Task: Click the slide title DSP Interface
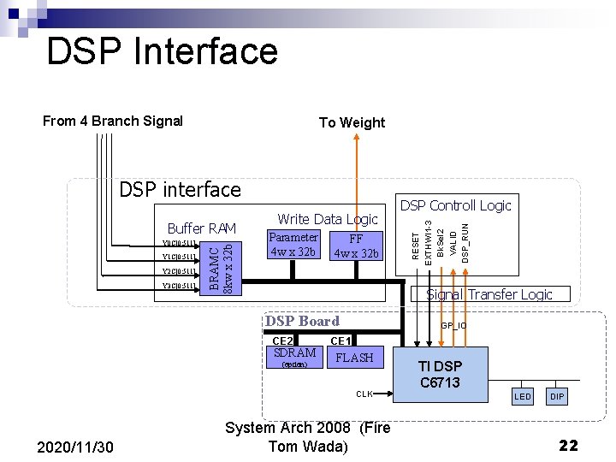click(x=162, y=51)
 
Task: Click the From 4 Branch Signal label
click(x=113, y=121)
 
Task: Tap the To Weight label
click(x=352, y=122)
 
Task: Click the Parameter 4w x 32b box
click(x=293, y=245)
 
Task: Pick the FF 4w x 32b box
click(x=356, y=246)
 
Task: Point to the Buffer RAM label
click(x=202, y=228)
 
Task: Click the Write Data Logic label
click(x=328, y=219)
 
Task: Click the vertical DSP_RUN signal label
click(x=465, y=241)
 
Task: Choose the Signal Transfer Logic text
click(x=489, y=294)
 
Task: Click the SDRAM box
click(x=294, y=357)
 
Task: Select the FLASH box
click(x=354, y=358)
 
